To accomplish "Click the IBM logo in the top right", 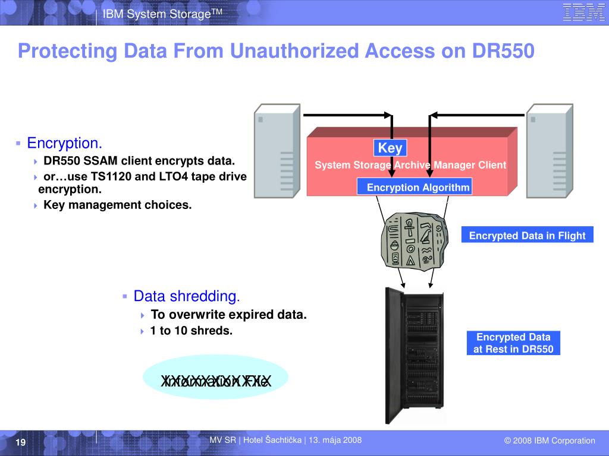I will pos(583,12).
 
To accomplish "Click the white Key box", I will pos(390,148).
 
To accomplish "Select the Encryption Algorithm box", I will pos(415,187).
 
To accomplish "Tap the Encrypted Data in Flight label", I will pos(527,235).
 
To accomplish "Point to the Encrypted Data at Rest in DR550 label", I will pos(513,343).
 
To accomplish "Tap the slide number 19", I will pos(20,443).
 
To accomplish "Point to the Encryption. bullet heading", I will pos(65,143).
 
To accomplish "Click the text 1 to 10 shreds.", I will pos(191,330).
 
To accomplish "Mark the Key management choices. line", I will pos(117,205).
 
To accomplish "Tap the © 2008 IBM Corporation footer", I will pos(549,441).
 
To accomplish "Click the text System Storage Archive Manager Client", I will pos(410,165).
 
